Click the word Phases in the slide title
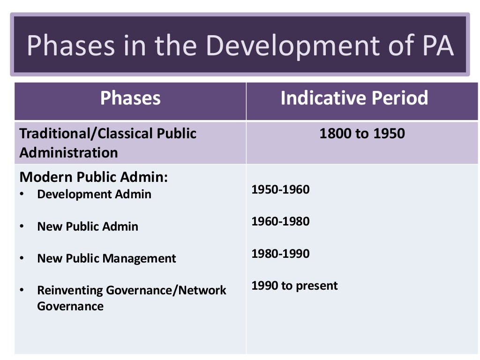coord(70,46)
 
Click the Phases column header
coord(130,98)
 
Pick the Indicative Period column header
coord(354,98)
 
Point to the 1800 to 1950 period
coord(362,134)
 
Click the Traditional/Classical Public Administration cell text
coord(108,142)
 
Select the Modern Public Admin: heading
coord(93,177)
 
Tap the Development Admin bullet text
coord(94,194)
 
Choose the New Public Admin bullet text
coord(88,226)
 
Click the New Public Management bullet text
coord(106,258)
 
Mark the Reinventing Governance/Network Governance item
coord(131,298)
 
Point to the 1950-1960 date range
coord(280,190)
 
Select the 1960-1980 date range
coord(280,221)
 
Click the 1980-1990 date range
coord(280,254)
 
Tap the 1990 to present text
coord(294,285)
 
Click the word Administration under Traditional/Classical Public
coord(68,152)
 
